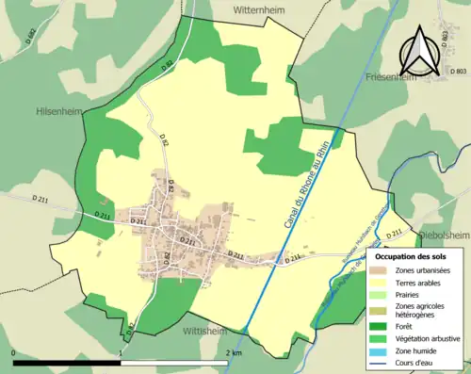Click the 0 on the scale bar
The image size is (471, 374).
click(13, 352)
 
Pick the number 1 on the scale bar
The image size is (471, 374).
click(121, 352)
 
